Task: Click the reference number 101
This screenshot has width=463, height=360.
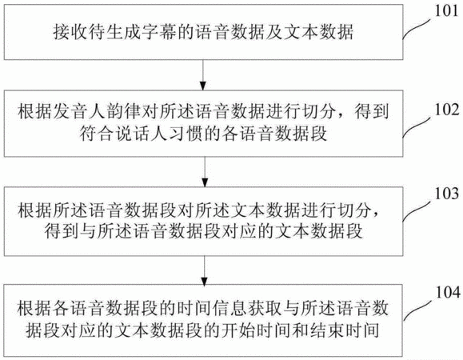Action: pos(446,11)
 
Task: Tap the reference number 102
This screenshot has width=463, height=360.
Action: pos(446,110)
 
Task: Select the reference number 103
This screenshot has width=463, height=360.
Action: pos(446,194)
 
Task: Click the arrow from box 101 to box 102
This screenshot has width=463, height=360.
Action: pos(203,75)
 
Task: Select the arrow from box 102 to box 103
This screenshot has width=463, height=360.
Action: pos(205,172)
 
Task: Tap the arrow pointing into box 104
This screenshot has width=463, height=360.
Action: pos(205,270)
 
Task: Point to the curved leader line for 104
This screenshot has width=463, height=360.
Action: pos(419,310)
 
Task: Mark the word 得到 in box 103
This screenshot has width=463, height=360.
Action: pos(62,231)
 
